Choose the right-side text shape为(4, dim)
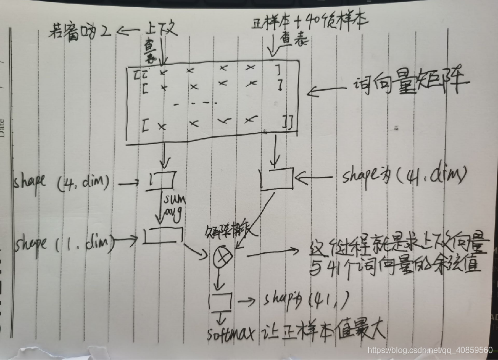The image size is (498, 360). [405, 176]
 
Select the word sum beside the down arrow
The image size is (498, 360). [173, 199]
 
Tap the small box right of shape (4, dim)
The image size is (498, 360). [163, 180]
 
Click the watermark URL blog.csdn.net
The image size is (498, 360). [430, 350]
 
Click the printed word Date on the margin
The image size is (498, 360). [4, 128]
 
